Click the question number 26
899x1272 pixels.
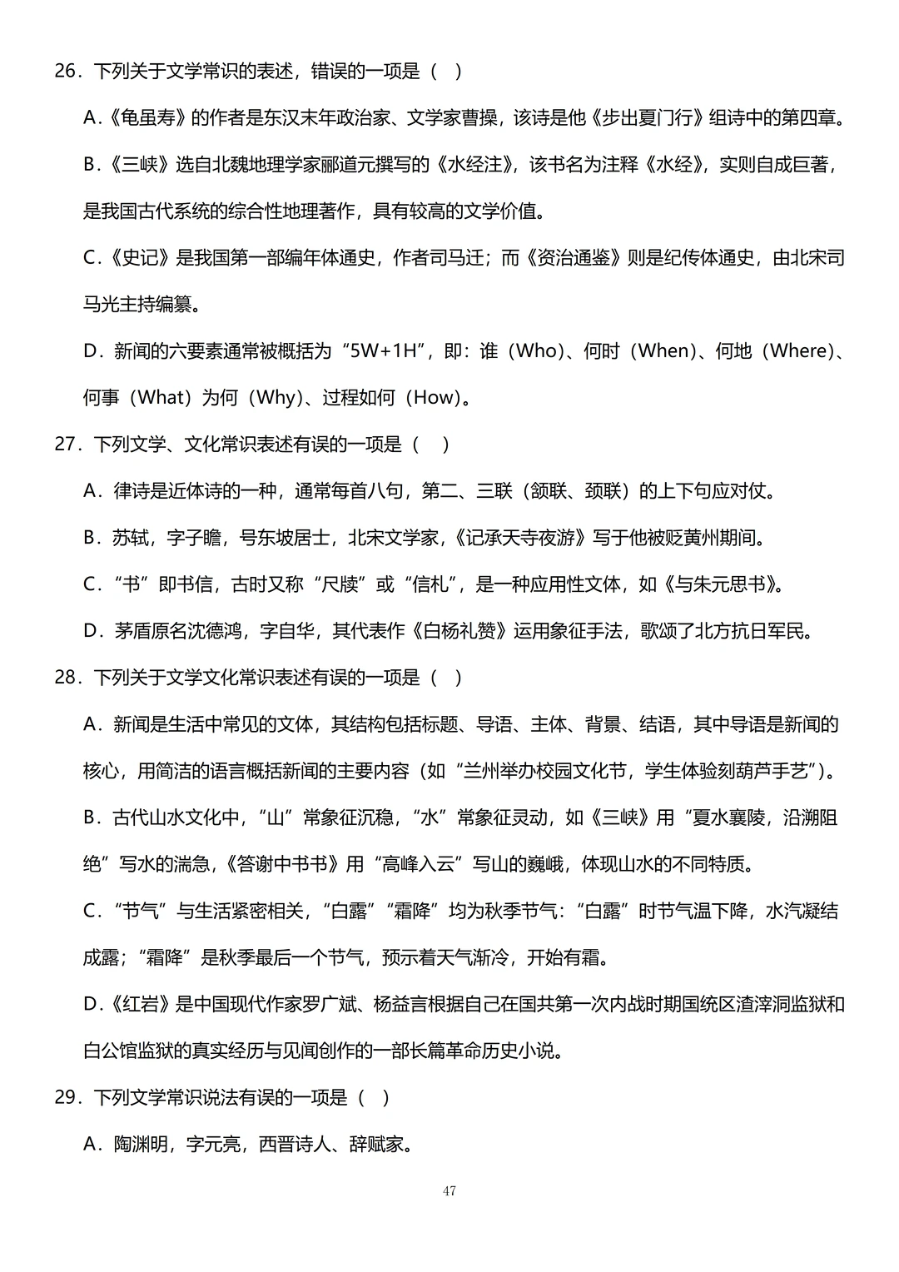[x=66, y=72]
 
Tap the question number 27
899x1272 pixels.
[x=66, y=445]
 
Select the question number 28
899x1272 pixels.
[x=66, y=678]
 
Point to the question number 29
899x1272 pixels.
[x=66, y=1097]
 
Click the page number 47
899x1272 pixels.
[x=449, y=1191]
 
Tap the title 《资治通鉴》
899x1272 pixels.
[x=574, y=258]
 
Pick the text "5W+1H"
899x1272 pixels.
[x=382, y=351]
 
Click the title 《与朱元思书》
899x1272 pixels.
[x=723, y=584]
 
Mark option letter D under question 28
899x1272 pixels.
[x=91, y=1004]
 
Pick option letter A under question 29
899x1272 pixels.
[x=91, y=1144]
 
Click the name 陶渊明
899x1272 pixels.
[x=140, y=1144]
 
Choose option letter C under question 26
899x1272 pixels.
[x=91, y=258]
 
